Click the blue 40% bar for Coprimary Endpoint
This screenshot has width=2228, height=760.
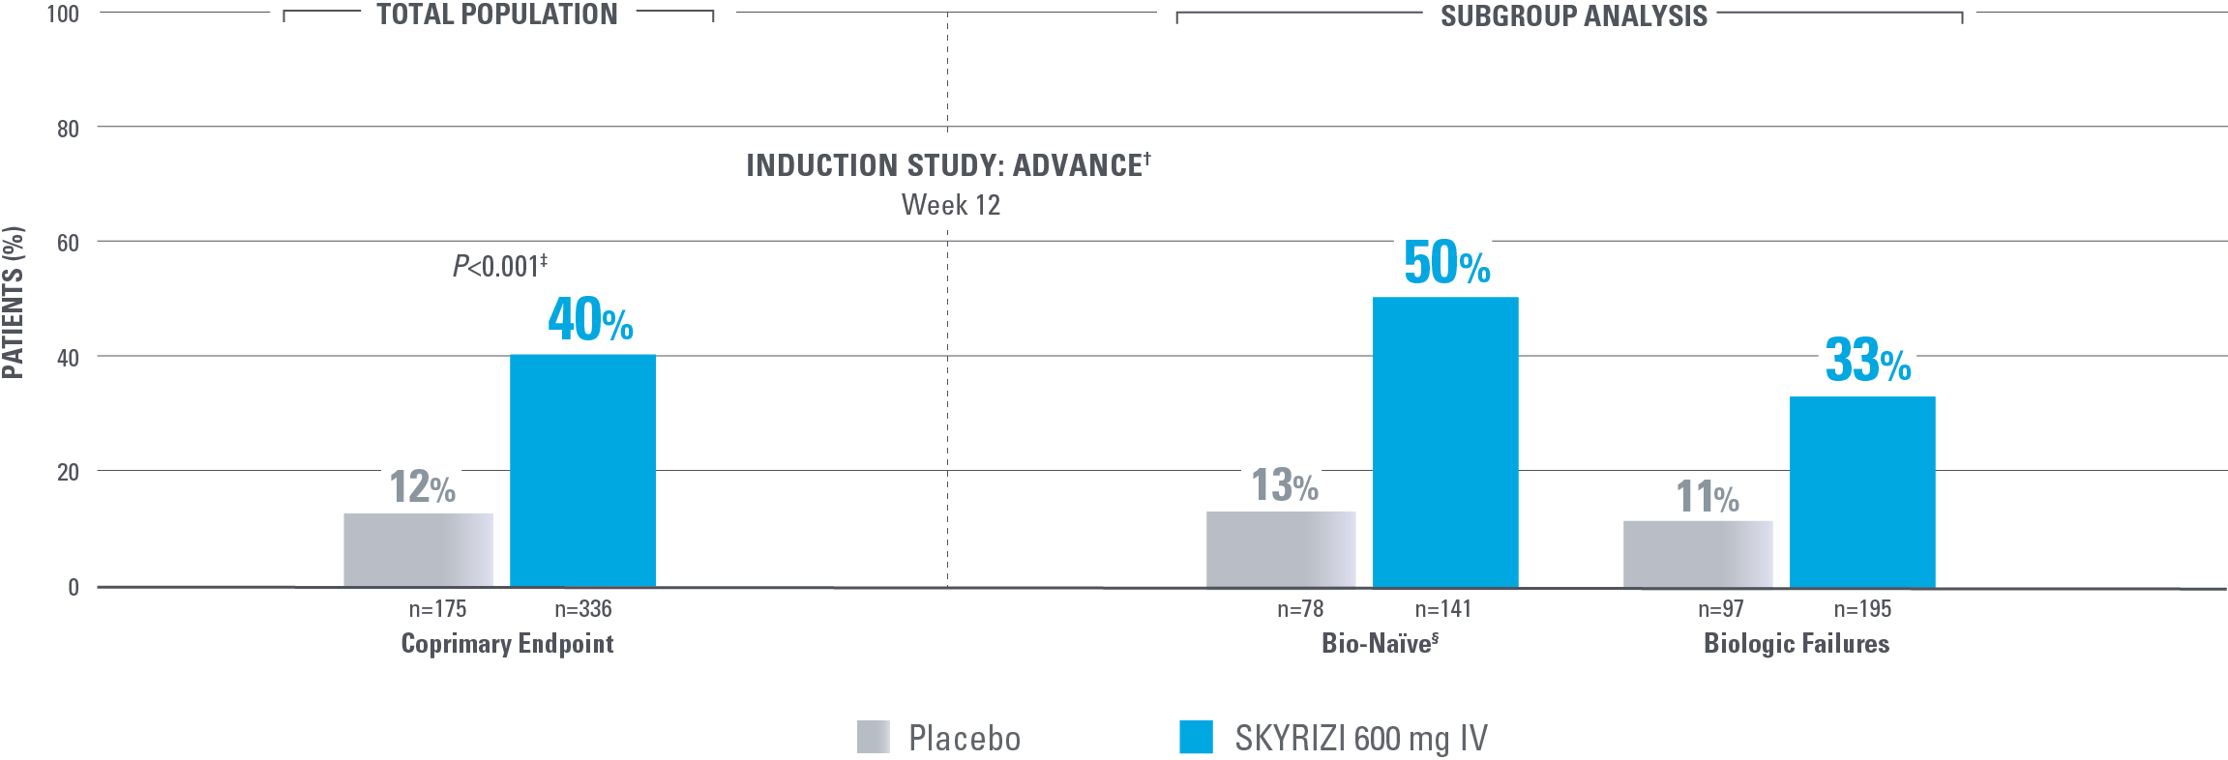(x=582, y=470)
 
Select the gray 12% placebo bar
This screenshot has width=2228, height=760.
(x=418, y=549)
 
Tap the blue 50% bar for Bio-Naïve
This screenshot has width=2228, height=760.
(x=1445, y=442)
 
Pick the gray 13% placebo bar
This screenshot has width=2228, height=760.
(x=1281, y=548)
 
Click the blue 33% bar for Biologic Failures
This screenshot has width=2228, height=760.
(x=1862, y=491)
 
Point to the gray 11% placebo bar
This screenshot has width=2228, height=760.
(x=1698, y=553)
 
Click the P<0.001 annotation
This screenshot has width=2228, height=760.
(x=499, y=266)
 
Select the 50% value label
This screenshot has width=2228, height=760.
(x=1446, y=263)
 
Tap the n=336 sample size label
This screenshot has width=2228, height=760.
(x=582, y=609)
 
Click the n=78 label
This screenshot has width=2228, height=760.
(x=1299, y=609)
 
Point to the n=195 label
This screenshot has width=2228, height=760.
(x=1862, y=609)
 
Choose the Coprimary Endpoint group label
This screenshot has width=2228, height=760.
(x=507, y=644)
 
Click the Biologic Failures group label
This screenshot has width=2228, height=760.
(x=1796, y=644)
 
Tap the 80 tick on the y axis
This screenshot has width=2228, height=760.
(x=68, y=129)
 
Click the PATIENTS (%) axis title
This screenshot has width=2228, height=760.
(x=14, y=302)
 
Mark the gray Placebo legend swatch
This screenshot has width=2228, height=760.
(x=873, y=737)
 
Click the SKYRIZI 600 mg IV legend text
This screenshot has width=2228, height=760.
(x=1360, y=739)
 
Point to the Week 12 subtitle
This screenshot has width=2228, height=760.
(x=950, y=205)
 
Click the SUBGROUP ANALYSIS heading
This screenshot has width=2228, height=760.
(x=1573, y=16)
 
